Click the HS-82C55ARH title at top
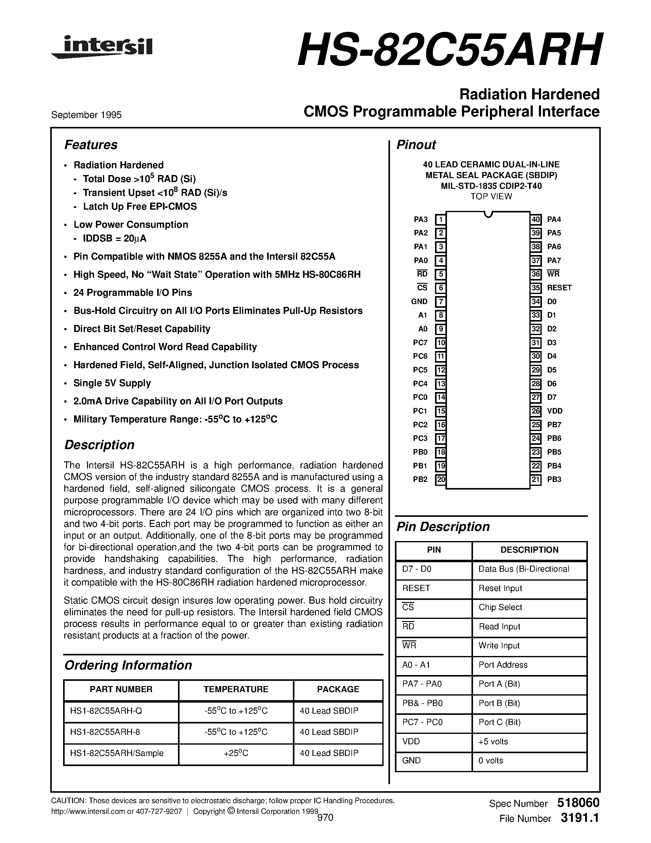click(x=449, y=51)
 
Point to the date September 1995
click(x=86, y=115)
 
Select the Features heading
click(x=91, y=145)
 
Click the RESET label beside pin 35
click(x=559, y=288)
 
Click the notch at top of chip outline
click(x=488, y=214)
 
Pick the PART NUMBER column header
click(x=121, y=689)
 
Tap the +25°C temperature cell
click(x=236, y=753)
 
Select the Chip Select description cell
click(x=500, y=607)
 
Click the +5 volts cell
click(x=493, y=742)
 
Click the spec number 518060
click(x=578, y=803)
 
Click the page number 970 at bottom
click(x=325, y=818)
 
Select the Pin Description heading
click(x=443, y=527)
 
